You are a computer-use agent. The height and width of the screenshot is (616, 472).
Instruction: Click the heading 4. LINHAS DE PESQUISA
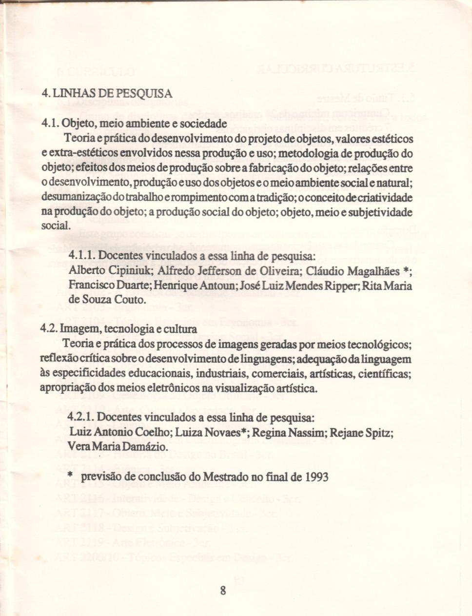click(107, 93)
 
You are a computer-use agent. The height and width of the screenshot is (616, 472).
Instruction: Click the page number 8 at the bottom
click(223, 591)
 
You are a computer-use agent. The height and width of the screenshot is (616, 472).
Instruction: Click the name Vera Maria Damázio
click(118, 447)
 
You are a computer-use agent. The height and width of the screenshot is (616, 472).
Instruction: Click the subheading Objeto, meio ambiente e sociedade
click(143, 123)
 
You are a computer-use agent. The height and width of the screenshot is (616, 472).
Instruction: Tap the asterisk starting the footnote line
click(70, 476)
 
